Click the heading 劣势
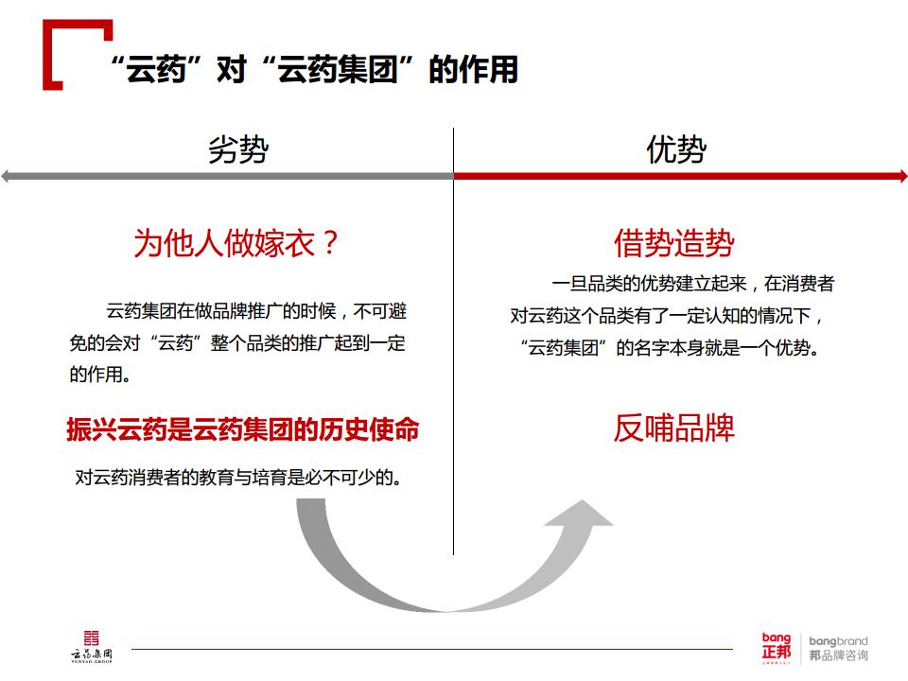click(238, 149)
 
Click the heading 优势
click(676, 149)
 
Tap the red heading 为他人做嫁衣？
click(236, 243)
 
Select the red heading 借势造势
click(674, 243)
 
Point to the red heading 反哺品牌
click(674, 428)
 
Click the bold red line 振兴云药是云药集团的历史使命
click(243, 429)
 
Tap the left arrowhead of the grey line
click(6, 176)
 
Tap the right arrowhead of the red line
click(902, 176)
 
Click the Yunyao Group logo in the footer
click(92, 647)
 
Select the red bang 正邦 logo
click(777, 647)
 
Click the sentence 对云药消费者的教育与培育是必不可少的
click(238, 478)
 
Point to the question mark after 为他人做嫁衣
click(330, 243)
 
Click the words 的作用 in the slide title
click(473, 69)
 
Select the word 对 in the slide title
click(232, 69)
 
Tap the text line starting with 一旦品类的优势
click(692, 284)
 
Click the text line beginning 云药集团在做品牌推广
click(256, 311)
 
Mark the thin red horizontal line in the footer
click(432, 649)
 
